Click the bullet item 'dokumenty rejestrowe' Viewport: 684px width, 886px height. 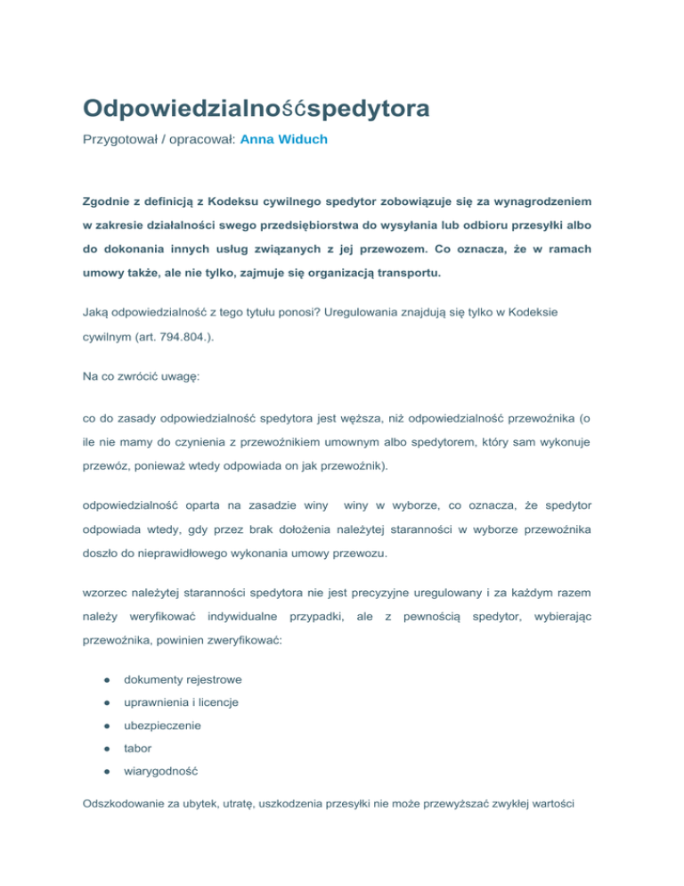click(183, 679)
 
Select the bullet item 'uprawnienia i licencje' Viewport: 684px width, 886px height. click(181, 702)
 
